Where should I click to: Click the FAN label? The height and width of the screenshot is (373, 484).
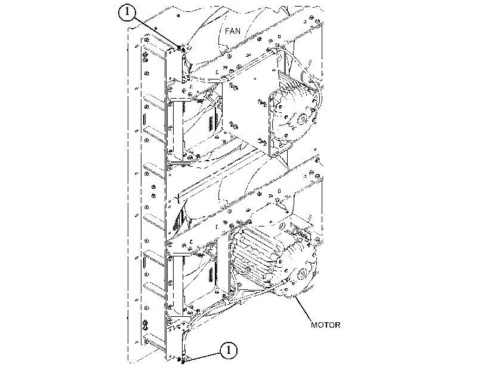232,31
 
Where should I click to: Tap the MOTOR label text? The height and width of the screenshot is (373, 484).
325,325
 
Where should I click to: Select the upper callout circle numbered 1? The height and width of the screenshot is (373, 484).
127,13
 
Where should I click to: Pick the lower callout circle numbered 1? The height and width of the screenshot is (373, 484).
229,350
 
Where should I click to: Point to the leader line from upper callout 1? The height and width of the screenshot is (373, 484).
156,33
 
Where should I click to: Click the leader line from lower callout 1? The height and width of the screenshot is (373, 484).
202,357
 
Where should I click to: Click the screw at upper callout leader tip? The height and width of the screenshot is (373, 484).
180,48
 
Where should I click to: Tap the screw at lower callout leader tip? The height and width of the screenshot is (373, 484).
183,362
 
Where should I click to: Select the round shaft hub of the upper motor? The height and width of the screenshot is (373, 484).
301,119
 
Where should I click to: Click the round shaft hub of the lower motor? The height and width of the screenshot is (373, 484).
301,273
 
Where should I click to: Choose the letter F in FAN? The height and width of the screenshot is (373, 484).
227,31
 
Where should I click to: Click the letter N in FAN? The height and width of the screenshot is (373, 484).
238,31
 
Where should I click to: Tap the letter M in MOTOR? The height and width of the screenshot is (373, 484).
314,325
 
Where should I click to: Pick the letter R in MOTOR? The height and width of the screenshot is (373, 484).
338,325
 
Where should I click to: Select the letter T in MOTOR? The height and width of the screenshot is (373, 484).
326,325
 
